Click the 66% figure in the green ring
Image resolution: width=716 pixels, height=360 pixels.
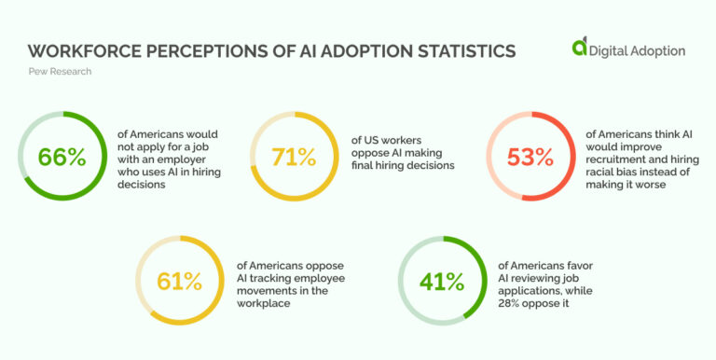point(62,157)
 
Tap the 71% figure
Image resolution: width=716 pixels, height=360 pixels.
point(296,157)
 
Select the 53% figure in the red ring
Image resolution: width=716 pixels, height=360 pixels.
point(531,157)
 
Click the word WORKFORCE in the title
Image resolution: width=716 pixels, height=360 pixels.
point(79,50)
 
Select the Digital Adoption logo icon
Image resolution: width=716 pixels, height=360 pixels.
point(580,48)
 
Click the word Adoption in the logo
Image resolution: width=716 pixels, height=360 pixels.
point(657,51)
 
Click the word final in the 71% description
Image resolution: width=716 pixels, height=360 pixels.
point(366,166)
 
